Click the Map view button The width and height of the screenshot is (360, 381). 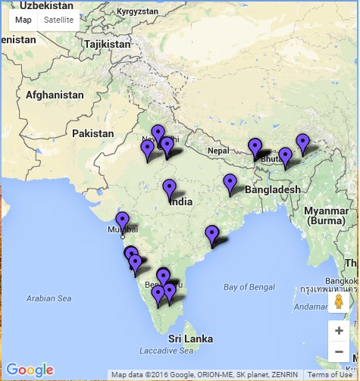(23, 20)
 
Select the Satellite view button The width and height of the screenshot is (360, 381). (58, 20)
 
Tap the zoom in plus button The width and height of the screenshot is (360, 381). (339, 330)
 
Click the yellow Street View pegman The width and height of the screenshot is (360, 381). (339, 302)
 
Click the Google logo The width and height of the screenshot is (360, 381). (30, 370)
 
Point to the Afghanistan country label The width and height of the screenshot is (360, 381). (55, 95)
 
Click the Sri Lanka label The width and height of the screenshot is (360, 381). (187, 337)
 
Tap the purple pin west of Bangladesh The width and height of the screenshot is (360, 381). (230, 183)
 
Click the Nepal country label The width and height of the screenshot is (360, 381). (218, 151)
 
